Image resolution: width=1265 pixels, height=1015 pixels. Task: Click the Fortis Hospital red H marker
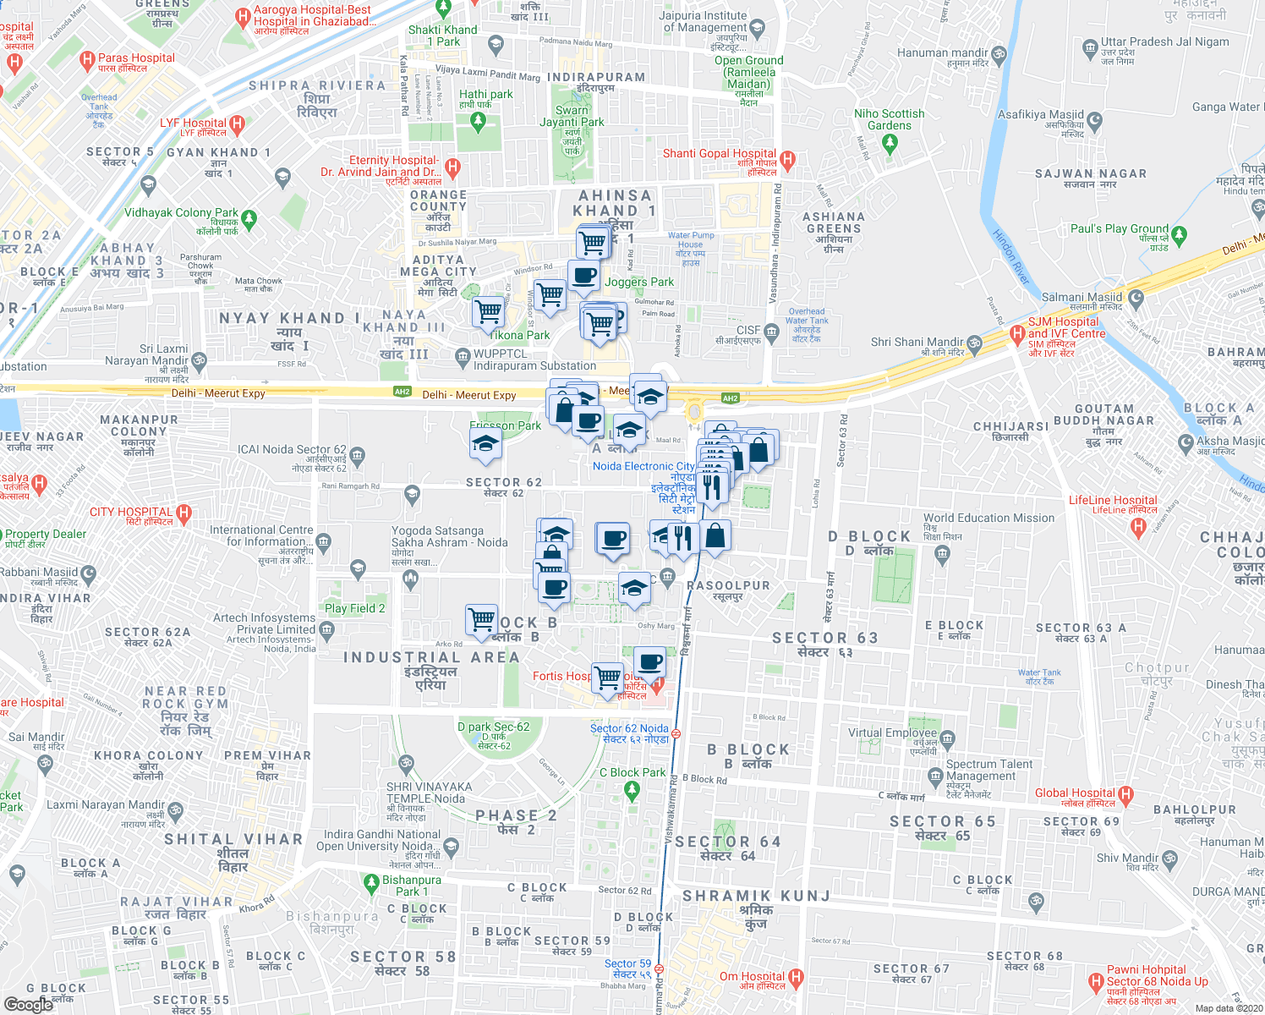(657, 686)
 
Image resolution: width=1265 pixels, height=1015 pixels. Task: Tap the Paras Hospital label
(136, 58)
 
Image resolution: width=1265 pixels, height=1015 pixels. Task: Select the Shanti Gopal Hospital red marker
(788, 159)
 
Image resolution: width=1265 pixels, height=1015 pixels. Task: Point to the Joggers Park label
(639, 282)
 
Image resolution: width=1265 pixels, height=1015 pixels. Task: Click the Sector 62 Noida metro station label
(629, 728)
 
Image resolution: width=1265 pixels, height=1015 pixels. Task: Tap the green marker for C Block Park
(631, 790)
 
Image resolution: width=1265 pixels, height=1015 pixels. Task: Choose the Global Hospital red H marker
(1125, 794)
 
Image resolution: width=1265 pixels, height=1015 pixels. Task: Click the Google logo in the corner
(28, 1004)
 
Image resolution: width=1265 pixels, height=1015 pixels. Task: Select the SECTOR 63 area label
(824, 638)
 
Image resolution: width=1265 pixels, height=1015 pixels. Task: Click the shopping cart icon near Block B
(482, 619)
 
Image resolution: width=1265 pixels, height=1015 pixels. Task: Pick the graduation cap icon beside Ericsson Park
(485, 443)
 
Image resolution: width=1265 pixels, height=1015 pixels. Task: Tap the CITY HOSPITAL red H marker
(183, 513)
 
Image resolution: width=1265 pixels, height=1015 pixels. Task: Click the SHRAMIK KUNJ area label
(756, 896)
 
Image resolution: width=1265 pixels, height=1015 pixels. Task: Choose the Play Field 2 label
(354, 608)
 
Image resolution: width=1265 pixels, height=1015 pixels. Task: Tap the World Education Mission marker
(943, 554)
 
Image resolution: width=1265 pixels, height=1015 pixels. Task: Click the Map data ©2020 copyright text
(1229, 1008)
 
